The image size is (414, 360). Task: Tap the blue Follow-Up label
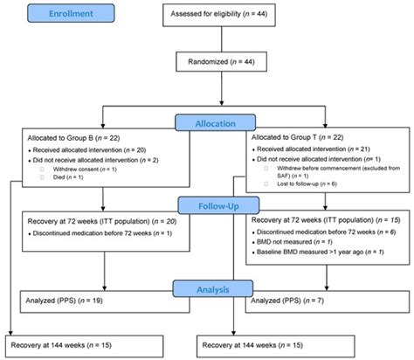coord(206,206)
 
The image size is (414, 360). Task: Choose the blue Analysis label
coord(206,287)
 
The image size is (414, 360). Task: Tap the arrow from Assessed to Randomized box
coord(231,38)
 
